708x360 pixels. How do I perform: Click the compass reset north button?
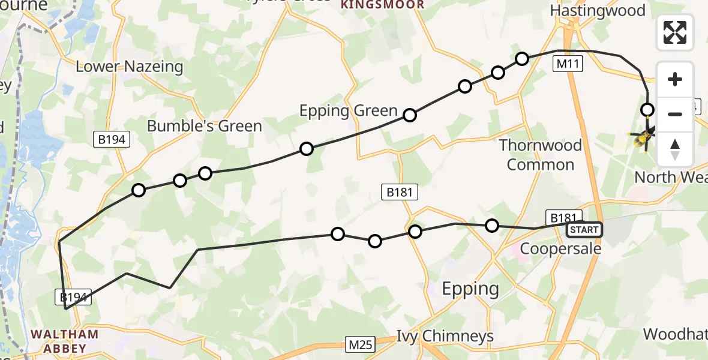point(675,149)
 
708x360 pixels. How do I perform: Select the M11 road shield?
point(568,64)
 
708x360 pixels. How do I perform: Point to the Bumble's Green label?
point(204,126)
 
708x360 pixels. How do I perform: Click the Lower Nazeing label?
point(129,66)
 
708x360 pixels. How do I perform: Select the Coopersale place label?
point(560,248)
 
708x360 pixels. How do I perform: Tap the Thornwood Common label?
point(540,155)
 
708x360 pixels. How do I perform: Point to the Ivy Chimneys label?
point(445,336)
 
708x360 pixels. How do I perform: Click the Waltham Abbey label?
point(64,341)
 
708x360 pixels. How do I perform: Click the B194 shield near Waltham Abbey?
point(73,296)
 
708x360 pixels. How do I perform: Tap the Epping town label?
point(470,289)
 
